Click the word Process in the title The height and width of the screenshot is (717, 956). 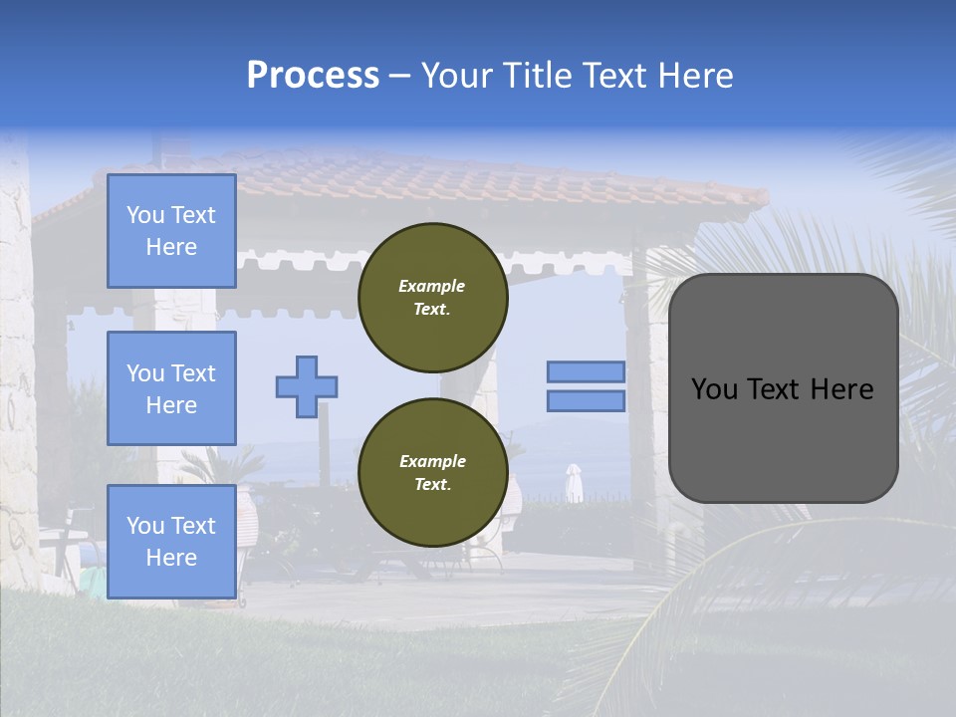point(313,76)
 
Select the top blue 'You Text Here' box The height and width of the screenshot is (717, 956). point(171,231)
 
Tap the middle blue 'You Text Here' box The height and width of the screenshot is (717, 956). point(171,388)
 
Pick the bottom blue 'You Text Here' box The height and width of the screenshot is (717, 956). point(171,542)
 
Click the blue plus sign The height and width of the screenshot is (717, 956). point(307,386)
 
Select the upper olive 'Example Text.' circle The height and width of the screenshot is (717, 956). point(432,298)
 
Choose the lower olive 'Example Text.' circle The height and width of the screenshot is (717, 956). point(432,473)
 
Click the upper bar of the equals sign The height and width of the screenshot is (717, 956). point(586,371)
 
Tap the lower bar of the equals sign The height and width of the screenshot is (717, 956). point(586,400)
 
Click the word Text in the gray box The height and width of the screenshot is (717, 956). point(782,389)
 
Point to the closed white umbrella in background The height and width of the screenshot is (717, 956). point(574,482)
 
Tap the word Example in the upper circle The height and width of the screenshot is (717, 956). point(432,286)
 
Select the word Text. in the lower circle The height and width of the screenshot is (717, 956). point(432,485)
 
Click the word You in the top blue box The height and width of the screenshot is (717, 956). point(144,215)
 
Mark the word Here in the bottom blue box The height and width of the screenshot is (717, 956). point(171,558)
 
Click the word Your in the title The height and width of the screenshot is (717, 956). point(456,76)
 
